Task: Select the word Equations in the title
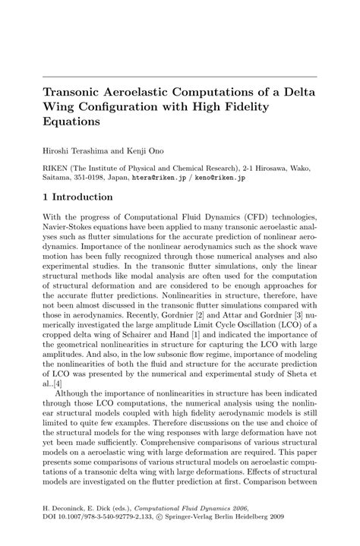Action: [x=71, y=121]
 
